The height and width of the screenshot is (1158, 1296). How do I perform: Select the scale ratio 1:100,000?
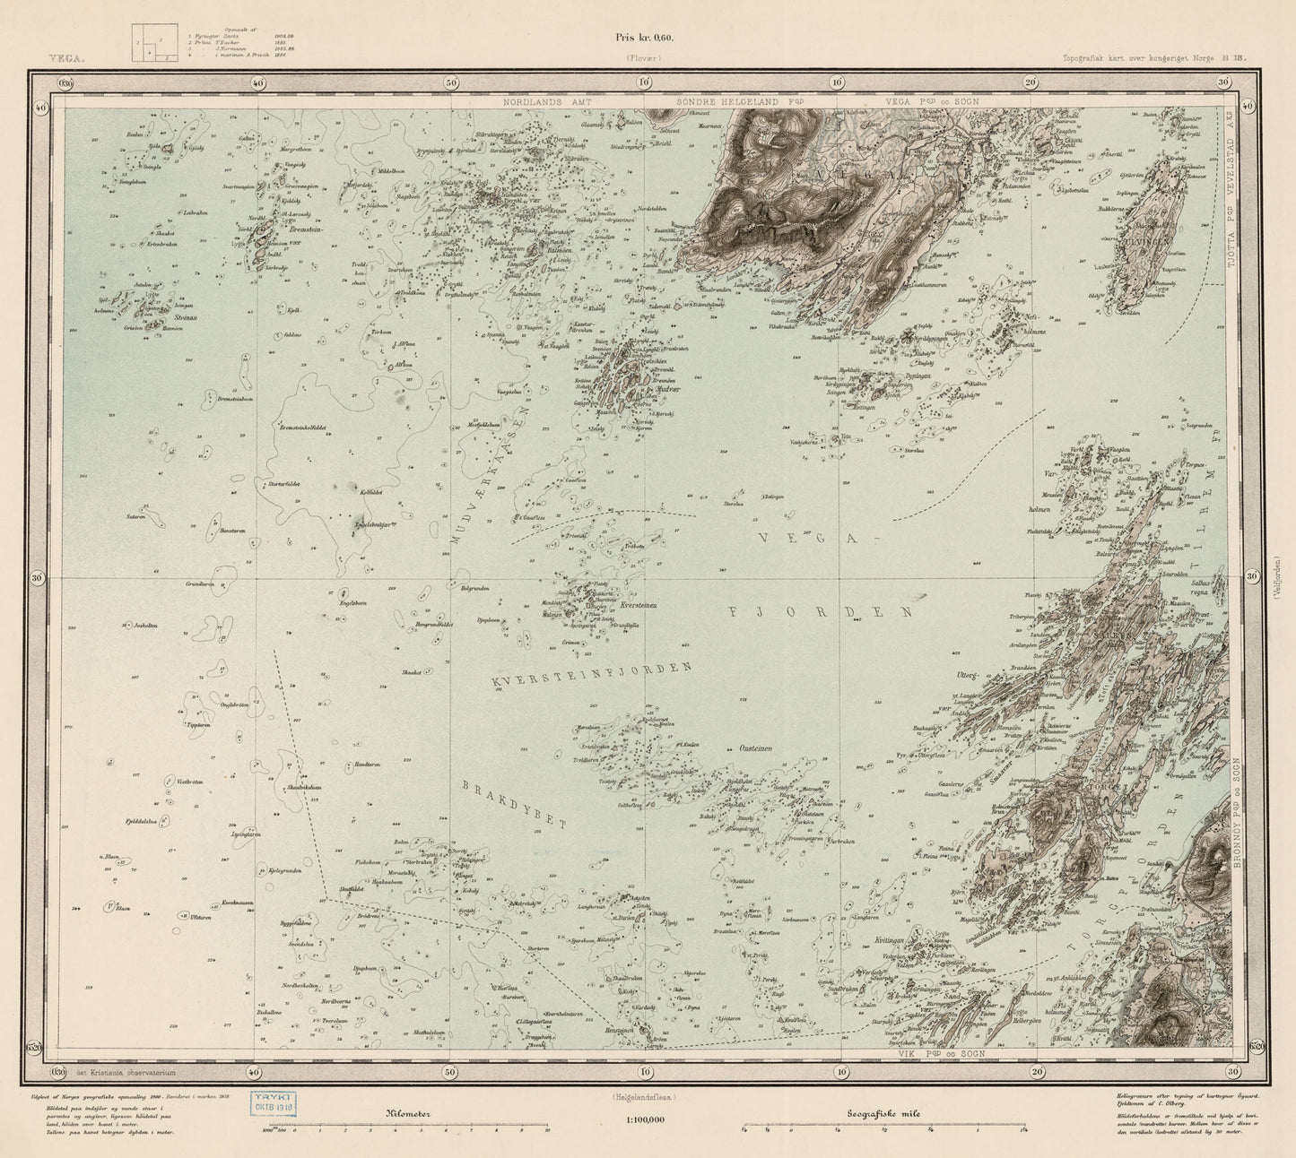pos(645,1119)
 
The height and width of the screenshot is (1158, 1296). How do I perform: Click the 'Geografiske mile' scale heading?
pos(886,1114)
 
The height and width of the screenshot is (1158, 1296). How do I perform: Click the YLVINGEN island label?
pos(1141,239)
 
